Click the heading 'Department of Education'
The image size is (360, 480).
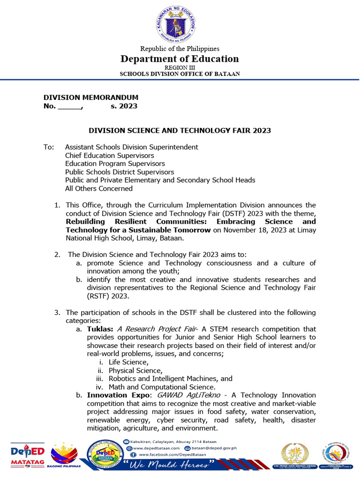(180, 59)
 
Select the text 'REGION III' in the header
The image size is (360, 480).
(180, 67)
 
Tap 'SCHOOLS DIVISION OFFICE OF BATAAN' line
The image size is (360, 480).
(180, 74)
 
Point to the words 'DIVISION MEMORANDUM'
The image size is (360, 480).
(91, 97)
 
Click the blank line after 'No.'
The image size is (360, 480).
(69, 106)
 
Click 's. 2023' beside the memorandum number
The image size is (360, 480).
(124, 106)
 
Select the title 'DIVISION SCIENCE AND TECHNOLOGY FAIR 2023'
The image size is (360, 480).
(180, 131)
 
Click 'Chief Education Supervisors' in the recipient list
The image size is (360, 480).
(109, 155)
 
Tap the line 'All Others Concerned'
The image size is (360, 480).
(98, 188)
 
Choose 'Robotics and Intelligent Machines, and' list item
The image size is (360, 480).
(170, 378)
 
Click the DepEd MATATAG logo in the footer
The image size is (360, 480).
(28, 455)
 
